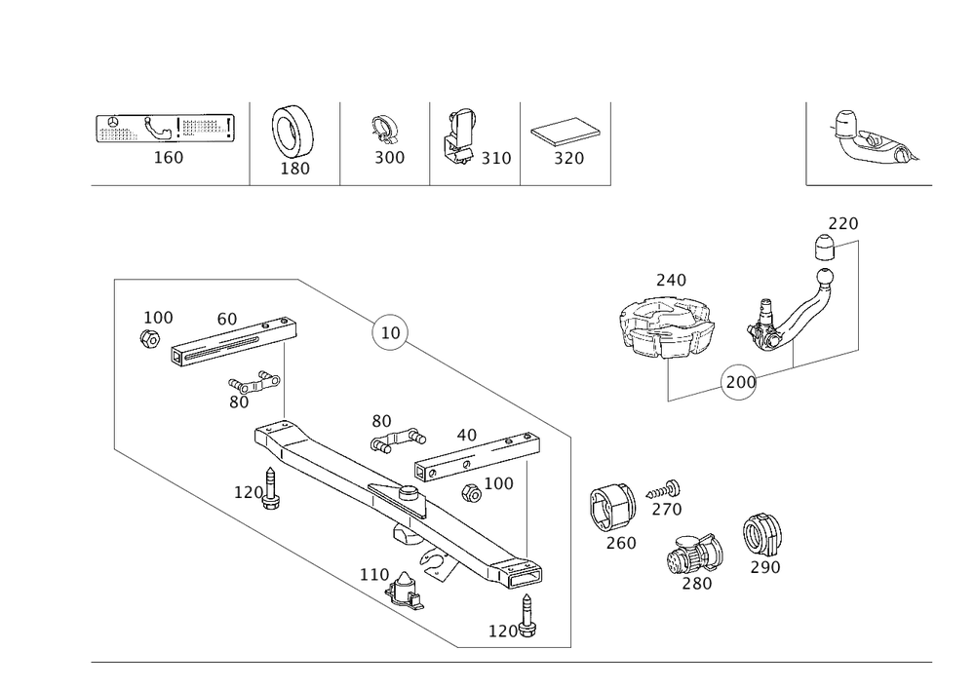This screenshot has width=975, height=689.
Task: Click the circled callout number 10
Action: [390, 332]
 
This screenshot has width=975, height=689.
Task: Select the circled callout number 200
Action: [739, 381]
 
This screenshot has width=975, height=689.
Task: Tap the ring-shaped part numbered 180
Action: [292, 133]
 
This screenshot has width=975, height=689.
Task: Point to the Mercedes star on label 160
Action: [112, 123]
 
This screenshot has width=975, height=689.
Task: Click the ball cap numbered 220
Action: [824, 248]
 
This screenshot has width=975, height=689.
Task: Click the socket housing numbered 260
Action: [612, 508]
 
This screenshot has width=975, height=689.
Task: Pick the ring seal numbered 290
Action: [761, 535]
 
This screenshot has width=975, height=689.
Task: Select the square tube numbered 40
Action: [477, 458]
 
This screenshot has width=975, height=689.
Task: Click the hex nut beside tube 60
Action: [150, 339]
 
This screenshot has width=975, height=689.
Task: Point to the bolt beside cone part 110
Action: [527, 616]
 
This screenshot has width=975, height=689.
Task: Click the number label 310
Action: [495, 159]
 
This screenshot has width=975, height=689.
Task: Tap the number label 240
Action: [671, 281]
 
